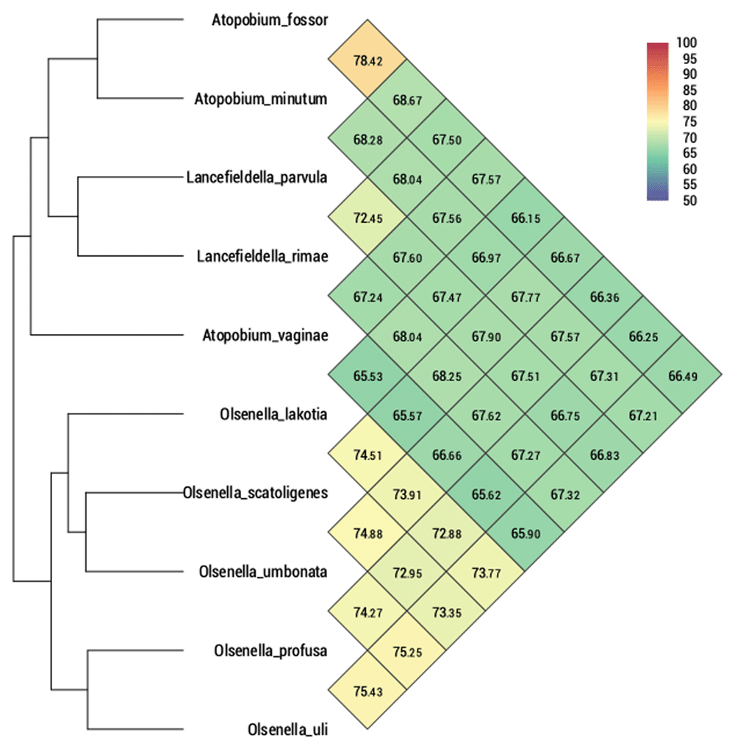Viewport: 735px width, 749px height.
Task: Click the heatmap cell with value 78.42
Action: click(x=367, y=60)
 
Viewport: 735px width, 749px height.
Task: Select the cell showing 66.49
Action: click(x=683, y=375)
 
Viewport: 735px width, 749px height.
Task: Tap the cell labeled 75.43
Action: click(x=367, y=691)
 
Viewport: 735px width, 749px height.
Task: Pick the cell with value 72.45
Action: click(x=367, y=217)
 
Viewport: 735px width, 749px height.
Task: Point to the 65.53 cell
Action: click(x=367, y=375)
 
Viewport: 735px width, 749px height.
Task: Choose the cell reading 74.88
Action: click(x=367, y=533)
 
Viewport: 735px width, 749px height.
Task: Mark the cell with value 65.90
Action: click(x=525, y=533)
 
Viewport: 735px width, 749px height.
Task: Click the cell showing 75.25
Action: click(x=406, y=651)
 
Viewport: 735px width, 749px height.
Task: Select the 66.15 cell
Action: click(x=525, y=217)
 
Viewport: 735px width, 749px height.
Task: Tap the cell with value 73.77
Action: click(x=486, y=572)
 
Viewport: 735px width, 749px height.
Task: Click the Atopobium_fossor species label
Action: click(x=270, y=20)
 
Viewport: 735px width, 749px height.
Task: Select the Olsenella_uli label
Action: click(x=287, y=730)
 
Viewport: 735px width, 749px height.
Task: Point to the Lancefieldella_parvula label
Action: click(x=257, y=178)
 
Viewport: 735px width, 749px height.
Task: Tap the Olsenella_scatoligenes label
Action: click(x=255, y=493)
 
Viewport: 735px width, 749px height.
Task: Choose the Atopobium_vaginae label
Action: click(x=265, y=336)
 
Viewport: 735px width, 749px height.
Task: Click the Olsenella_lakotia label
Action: click(x=273, y=414)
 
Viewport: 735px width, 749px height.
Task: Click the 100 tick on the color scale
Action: click(x=686, y=43)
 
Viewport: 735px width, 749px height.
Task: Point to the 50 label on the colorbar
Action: click(x=689, y=200)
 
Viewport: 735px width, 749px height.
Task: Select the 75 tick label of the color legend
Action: click(x=689, y=121)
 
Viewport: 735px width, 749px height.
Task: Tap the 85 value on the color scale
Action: click(x=689, y=90)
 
